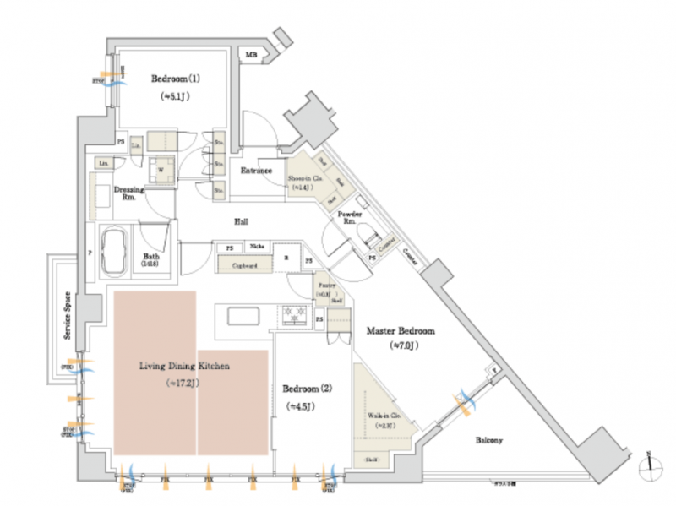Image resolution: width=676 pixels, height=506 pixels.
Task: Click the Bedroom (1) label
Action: [x=176, y=79]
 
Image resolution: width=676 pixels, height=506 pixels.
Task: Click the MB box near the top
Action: [x=251, y=55]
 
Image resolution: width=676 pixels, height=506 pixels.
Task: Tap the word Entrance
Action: [x=257, y=171]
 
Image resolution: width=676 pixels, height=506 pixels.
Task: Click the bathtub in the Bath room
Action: [x=115, y=250]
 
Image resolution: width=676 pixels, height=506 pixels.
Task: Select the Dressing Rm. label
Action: [x=128, y=194]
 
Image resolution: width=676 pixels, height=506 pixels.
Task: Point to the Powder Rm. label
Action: [x=349, y=219]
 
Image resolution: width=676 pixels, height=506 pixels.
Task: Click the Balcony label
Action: [x=489, y=440]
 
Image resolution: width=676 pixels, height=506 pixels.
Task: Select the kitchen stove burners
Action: [x=296, y=314]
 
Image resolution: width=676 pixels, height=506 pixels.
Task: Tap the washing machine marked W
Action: [x=161, y=168]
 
